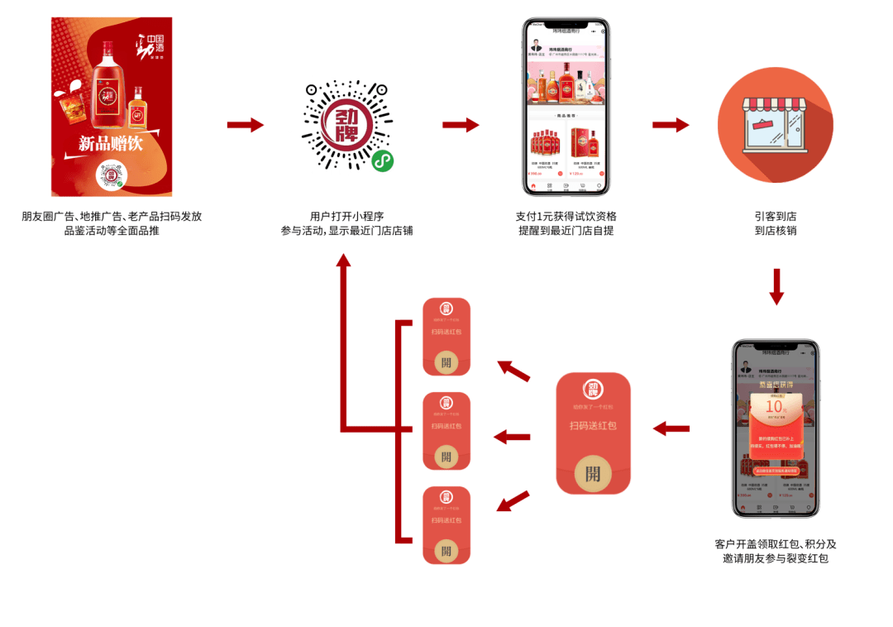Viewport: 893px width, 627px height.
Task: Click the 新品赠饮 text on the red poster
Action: coord(111,143)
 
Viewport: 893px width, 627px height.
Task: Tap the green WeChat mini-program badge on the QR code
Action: coord(382,161)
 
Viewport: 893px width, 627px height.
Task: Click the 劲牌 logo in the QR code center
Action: coord(347,124)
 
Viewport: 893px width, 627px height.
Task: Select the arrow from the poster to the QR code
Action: coord(246,125)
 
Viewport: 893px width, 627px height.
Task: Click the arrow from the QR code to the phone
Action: coord(461,125)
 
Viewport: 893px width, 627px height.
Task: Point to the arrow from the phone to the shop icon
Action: coord(671,125)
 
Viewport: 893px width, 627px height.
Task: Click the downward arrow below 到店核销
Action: coord(776,286)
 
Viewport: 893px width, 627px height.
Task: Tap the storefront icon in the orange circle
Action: coord(775,125)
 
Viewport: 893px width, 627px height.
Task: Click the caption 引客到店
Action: coord(775,217)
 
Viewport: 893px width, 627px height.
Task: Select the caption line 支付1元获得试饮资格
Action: coord(566,217)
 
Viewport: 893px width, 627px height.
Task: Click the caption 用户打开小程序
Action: coord(346,217)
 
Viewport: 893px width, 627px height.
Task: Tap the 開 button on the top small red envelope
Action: coord(446,362)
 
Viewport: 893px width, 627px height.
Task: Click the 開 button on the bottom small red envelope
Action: coord(446,550)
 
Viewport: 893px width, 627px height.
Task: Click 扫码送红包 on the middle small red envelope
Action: coord(446,426)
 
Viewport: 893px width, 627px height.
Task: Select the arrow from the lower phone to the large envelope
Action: coord(671,428)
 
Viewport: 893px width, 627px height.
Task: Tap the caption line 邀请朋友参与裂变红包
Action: coord(775,559)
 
